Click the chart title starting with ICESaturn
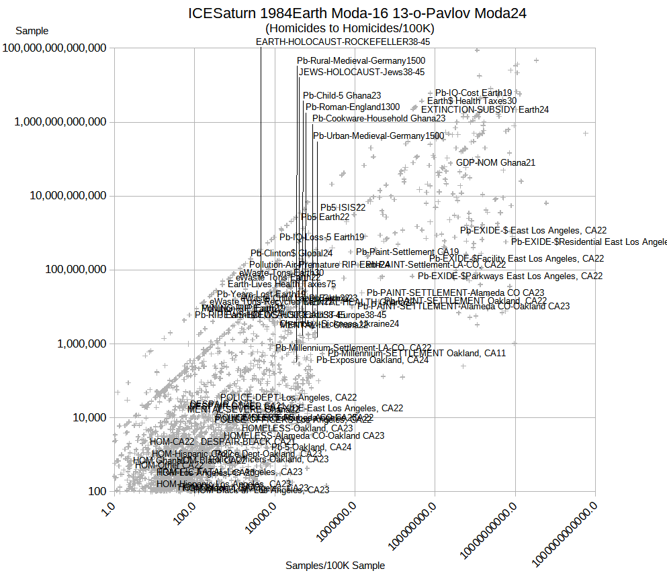[357, 13]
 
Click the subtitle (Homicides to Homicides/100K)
[350, 28]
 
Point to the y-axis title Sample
[32, 31]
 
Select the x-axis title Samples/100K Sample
[335, 566]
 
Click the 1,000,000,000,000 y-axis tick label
[64, 122]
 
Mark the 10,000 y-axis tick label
[89, 417]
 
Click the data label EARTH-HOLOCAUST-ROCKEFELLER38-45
[343, 42]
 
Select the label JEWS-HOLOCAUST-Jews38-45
[362, 72]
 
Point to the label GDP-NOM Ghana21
[496, 162]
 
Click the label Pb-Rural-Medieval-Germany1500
[361, 60]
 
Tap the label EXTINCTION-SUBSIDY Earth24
[485, 109]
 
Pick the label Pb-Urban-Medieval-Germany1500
[379, 136]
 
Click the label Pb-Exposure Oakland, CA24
[372, 360]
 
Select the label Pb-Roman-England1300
[353, 107]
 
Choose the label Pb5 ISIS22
[343, 208]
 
